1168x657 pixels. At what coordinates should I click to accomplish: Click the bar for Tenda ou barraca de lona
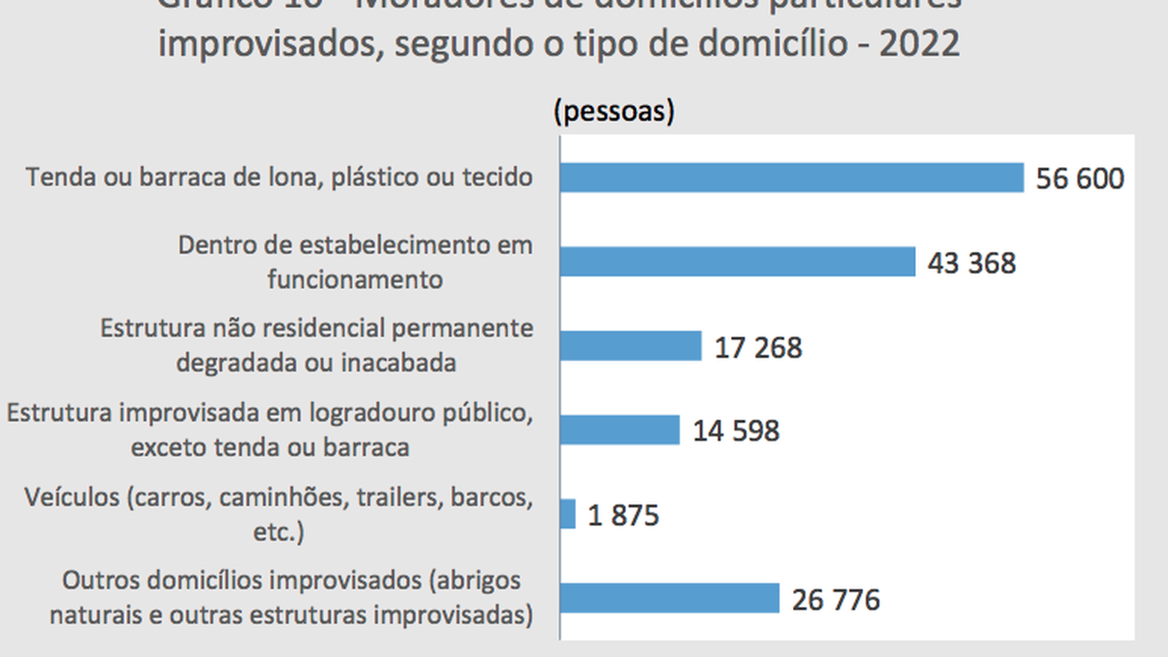pos(791,178)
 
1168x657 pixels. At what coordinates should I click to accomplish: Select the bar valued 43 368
pos(737,262)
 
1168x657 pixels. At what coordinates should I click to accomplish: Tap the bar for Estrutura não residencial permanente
pos(631,346)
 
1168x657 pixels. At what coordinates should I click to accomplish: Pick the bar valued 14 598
pos(620,430)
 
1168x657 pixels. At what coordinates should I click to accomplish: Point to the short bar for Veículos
pos(568,514)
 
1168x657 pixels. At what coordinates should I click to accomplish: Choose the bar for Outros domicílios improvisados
pos(669,599)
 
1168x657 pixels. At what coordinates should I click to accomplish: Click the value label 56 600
pos(1079,179)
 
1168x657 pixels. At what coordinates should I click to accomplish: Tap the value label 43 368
pos(971,263)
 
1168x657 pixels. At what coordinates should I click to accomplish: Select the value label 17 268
pos(758,348)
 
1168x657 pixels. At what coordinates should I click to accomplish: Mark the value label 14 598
pos(735,431)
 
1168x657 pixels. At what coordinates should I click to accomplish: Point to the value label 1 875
pos(623,516)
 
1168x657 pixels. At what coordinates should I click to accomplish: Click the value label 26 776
pos(836,600)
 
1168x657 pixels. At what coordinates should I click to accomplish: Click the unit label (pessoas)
pos(614,111)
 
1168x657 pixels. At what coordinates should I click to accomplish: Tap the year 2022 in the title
pos(919,43)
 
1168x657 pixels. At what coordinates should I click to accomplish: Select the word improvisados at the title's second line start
pos(261,43)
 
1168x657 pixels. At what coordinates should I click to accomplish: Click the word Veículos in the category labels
pos(72,497)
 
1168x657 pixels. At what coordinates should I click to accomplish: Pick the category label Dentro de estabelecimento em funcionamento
pos(355,262)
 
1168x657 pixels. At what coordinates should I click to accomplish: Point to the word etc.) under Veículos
pos(278,531)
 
